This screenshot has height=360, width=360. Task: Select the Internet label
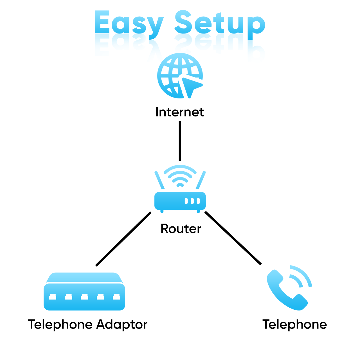tap(179, 112)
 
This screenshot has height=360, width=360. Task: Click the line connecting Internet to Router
tap(180, 141)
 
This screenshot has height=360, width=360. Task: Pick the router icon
tap(180, 201)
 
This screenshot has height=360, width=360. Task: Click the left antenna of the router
tap(159, 180)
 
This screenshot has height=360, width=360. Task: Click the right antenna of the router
tap(201, 180)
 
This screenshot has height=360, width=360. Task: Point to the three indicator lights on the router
tap(192, 201)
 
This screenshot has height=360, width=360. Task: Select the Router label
tap(181, 229)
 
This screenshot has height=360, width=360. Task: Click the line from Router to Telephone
tap(233, 238)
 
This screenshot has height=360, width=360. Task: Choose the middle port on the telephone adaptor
tap(84, 297)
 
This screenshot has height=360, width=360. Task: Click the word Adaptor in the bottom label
tap(121, 325)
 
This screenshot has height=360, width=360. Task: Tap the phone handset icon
tap(285, 291)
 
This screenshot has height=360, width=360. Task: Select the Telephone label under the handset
tap(294, 325)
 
